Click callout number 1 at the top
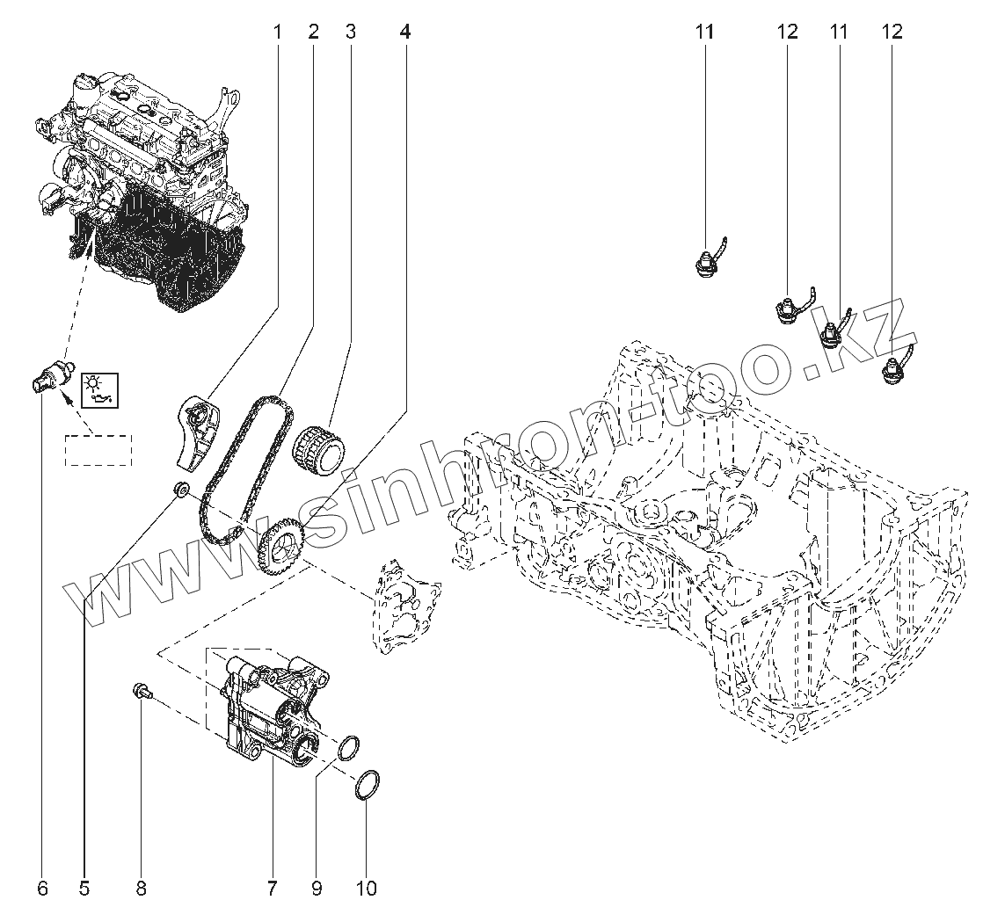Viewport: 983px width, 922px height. pos(277,32)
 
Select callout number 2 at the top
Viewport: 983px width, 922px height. pos(314,32)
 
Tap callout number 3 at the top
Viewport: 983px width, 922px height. pos(351,32)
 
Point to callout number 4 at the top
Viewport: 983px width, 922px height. pos(405,32)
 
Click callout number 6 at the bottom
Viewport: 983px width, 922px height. pos(42,888)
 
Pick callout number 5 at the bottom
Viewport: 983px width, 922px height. pos(84,888)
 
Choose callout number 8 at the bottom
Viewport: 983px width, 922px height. pos(141,888)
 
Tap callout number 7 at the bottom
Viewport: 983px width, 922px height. pos(272,888)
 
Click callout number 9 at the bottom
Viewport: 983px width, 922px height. pos(316,888)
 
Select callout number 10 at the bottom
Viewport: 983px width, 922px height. pos(367,888)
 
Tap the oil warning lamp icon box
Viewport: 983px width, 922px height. pos(99,389)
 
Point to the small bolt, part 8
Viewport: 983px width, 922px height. pos(142,691)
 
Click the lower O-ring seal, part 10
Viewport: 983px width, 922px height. pos(368,786)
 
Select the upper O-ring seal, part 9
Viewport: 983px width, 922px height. pos(349,748)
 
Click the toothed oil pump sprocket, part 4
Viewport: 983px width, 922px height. pos(281,545)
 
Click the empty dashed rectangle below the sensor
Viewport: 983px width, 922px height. pos(98,450)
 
